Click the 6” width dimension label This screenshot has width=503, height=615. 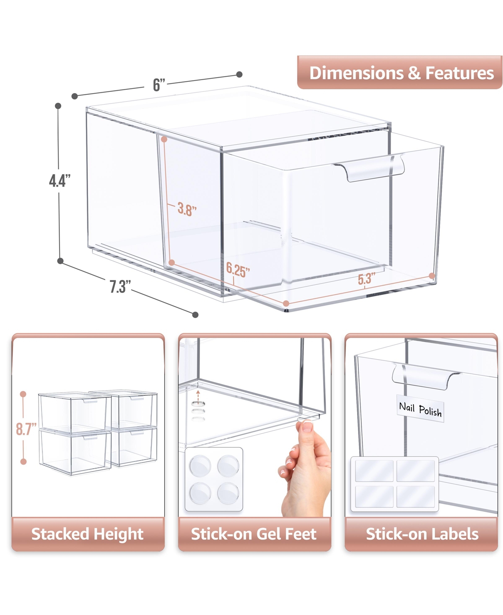coord(159,85)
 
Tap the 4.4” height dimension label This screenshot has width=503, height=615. coord(60,180)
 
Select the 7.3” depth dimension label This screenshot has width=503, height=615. coord(120,286)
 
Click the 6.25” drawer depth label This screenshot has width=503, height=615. coord(238,270)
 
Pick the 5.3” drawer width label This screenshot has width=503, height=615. coord(366,279)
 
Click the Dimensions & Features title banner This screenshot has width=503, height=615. coord(399,72)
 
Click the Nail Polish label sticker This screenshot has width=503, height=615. coord(420,408)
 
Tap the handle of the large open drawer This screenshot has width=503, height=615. coord(370,168)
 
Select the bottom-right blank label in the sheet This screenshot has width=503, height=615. coord(415,497)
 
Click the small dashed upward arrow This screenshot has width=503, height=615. coord(198,396)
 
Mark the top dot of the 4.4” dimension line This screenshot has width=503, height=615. coord(58,106)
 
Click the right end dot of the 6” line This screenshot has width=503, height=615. coord(239,74)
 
